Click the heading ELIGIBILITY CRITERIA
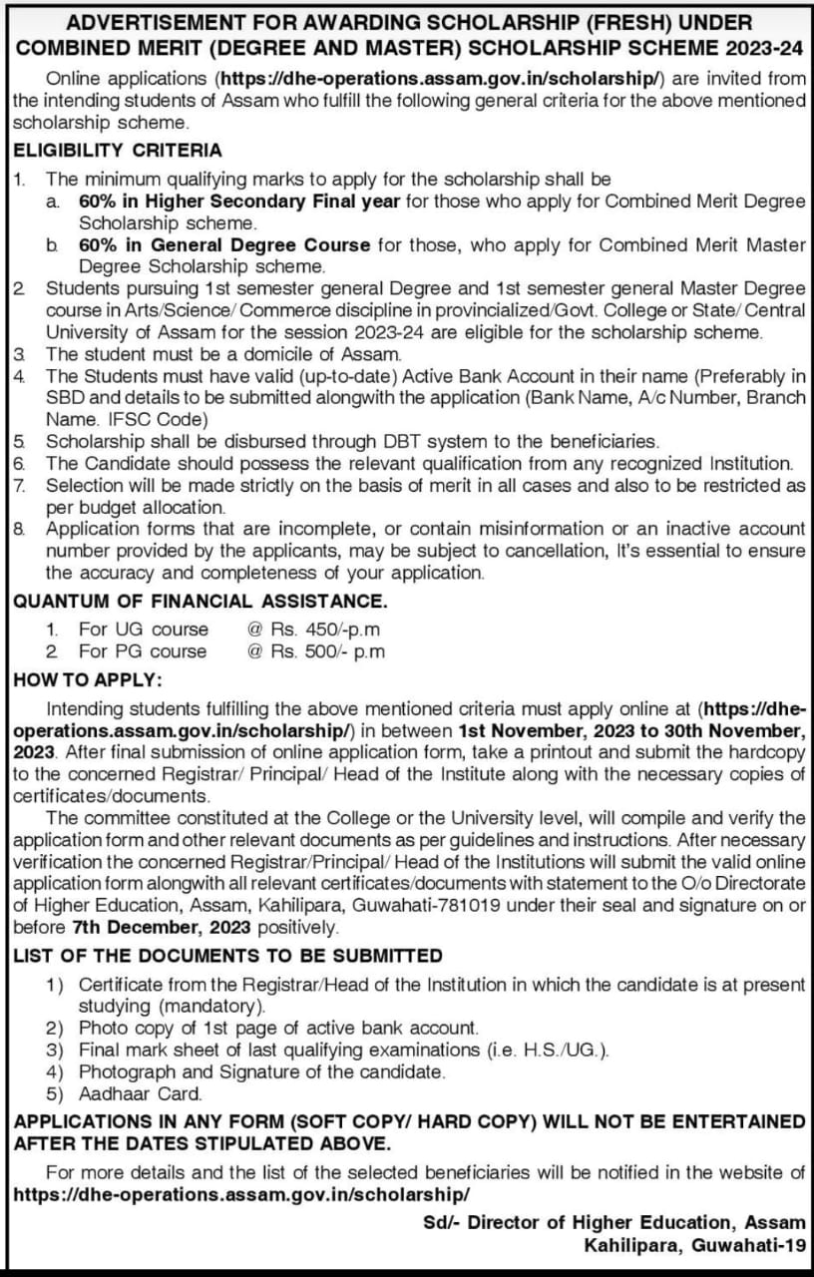[x=118, y=151]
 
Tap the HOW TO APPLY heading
[x=86, y=680]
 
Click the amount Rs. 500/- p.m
[x=315, y=651]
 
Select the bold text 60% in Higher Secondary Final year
[x=239, y=202]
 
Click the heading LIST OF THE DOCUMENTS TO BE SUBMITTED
[x=228, y=956]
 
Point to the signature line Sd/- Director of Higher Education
[x=613, y=1222]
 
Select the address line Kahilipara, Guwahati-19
[x=694, y=1244]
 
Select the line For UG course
[x=144, y=629]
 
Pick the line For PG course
[x=143, y=651]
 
